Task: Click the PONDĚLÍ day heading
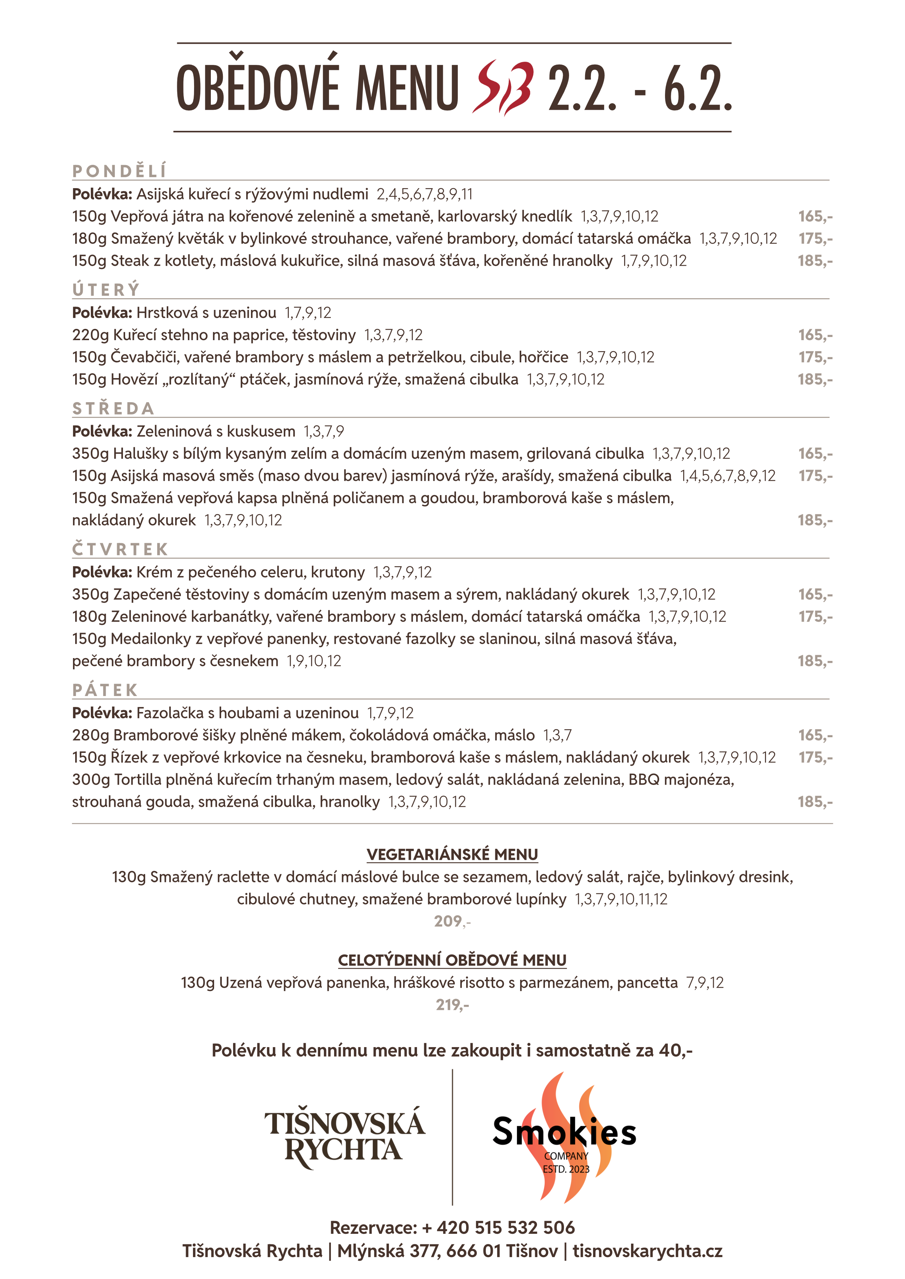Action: pyautogui.click(x=119, y=171)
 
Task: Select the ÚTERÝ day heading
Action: pyautogui.click(x=106, y=289)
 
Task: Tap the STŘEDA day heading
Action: pyautogui.click(x=113, y=408)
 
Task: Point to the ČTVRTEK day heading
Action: pyautogui.click(x=120, y=549)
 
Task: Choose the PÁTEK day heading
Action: pyautogui.click(x=105, y=690)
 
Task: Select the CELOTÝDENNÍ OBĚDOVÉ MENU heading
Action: pyautogui.click(x=452, y=960)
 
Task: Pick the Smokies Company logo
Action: pyautogui.click(x=565, y=1136)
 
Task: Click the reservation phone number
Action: pyautogui.click(x=498, y=1228)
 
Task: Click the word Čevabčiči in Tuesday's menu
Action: pyautogui.click(x=143, y=357)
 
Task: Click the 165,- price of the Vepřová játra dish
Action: pyautogui.click(x=815, y=216)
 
